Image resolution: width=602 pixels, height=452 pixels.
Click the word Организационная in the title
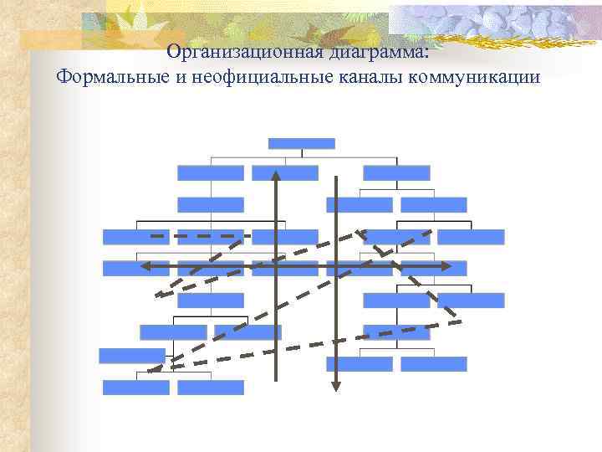(220, 52)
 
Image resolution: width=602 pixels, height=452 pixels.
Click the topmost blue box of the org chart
(301, 143)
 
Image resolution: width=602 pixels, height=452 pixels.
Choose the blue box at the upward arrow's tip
(285, 172)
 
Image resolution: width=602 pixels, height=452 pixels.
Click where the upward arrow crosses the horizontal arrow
(276, 266)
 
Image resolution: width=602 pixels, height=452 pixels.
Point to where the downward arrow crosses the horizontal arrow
(335, 266)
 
